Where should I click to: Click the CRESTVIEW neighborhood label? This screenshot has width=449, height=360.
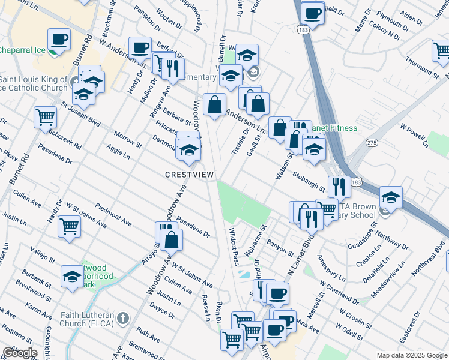click(190, 174)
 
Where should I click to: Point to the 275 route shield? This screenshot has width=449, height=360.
click(372, 142)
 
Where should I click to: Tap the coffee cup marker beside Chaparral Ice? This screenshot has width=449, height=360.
click(59, 40)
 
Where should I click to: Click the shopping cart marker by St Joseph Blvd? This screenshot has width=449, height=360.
click(45, 118)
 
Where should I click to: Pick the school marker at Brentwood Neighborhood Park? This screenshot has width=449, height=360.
click(72, 277)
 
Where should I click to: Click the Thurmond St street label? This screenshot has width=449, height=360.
click(421, 67)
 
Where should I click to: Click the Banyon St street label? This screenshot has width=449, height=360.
click(280, 248)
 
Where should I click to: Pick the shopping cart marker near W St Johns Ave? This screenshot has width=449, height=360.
click(70, 227)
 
